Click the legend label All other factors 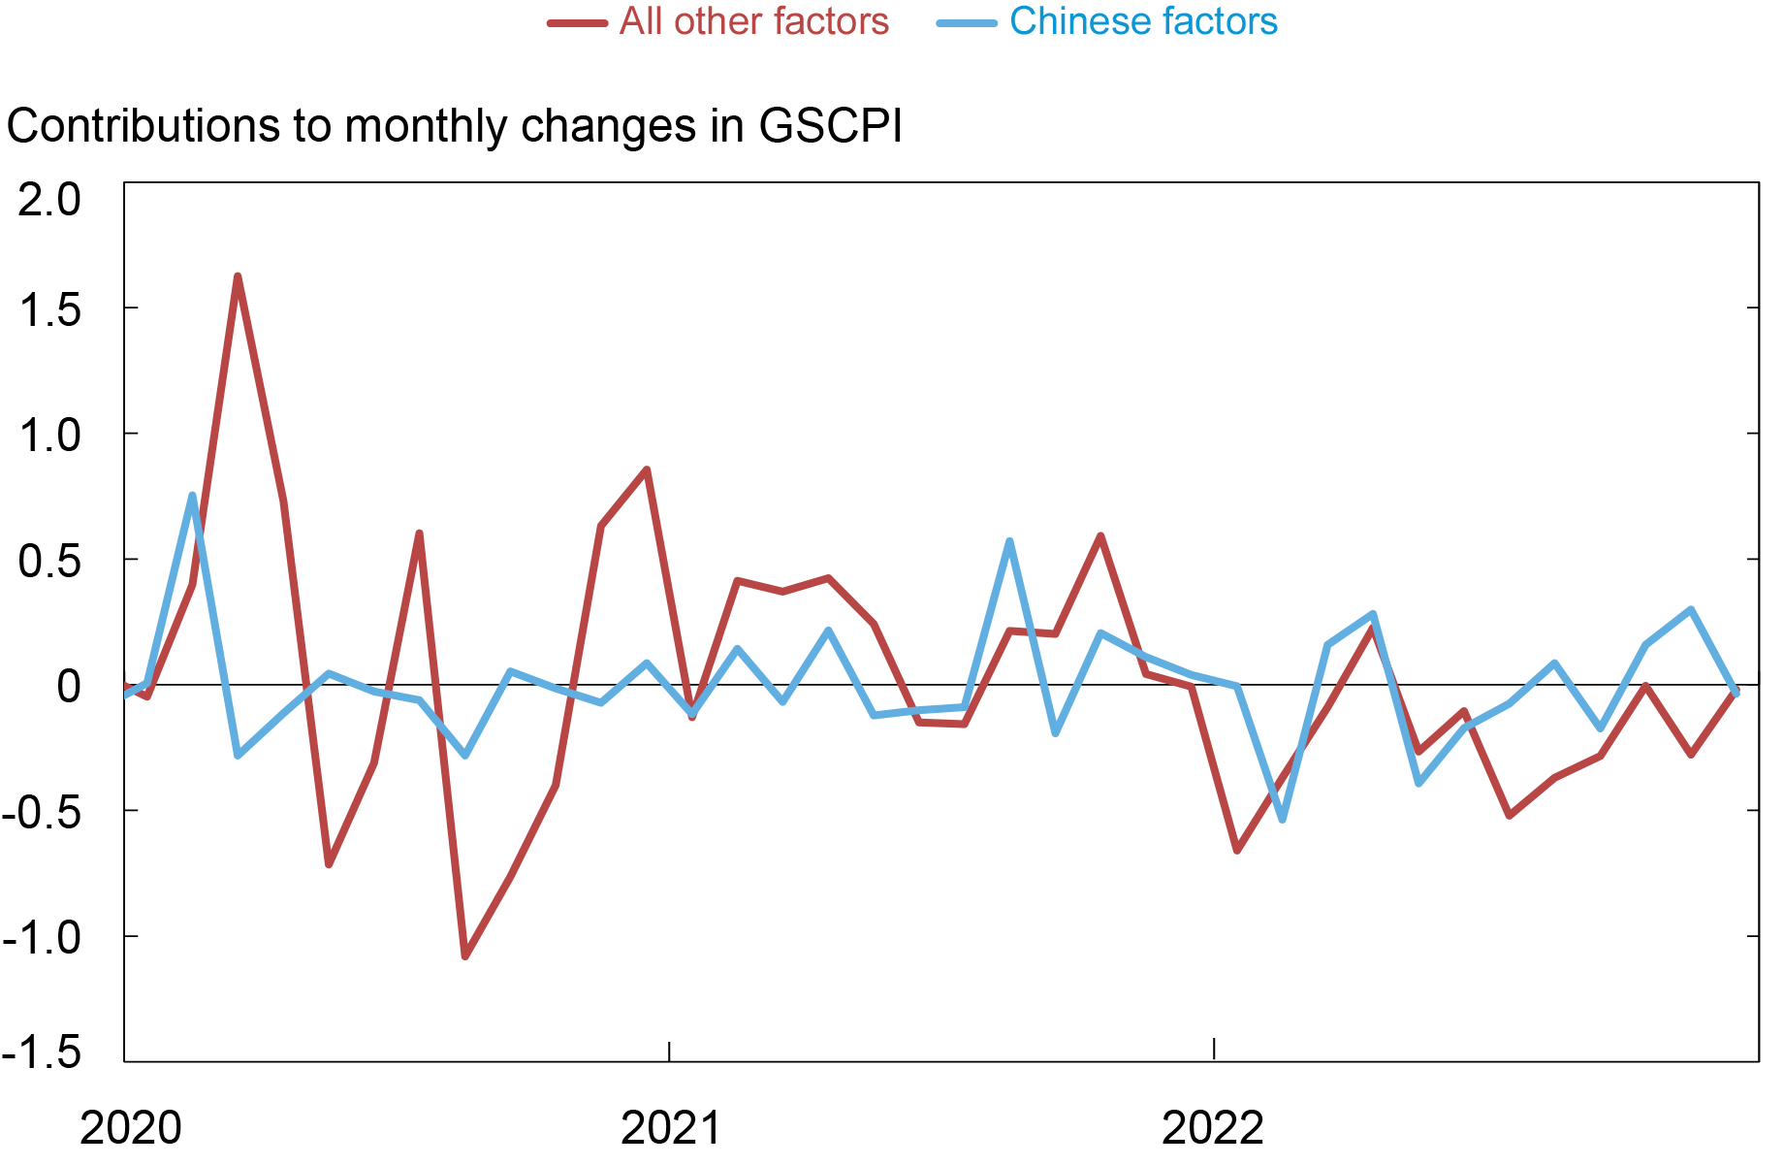pyautogui.click(x=753, y=21)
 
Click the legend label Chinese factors pyautogui.click(x=1143, y=21)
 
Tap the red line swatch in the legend pyautogui.click(x=578, y=22)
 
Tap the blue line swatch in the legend pyautogui.click(x=967, y=22)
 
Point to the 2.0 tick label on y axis pyautogui.click(x=49, y=201)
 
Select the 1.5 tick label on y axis pyautogui.click(x=49, y=310)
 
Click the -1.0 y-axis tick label pyautogui.click(x=43, y=938)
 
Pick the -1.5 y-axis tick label pyautogui.click(x=43, y=1052)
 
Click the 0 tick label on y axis pyautogui.click(x=68, y=687)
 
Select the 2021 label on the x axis pyautogui.click(x=671, y=1128)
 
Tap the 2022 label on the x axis pyautogui.click(x=1213, y=1128)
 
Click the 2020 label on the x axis pyautogui.click(x=130, y=1128)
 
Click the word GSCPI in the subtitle pyautogui.click(x=830, y=126)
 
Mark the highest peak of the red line pyautogui.click(x=238, y=277)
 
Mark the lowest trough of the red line pyautogui.click(x=465, y=956)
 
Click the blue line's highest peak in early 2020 pyautogui.click(x=192, y=496)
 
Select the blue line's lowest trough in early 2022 pyautogui.click(x=1283, y=820)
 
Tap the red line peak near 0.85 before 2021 pyautogui.click(x=647, y=470)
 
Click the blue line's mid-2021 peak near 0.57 pyautogui.click(x=1009, y=541)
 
